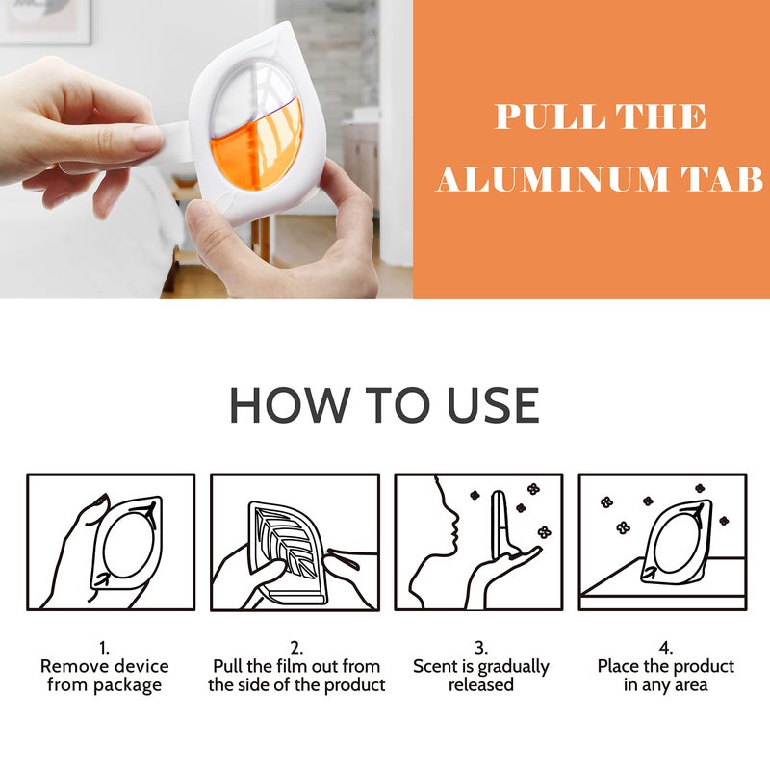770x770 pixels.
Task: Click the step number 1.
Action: [x=104, y=648]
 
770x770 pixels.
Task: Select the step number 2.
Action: [x=296, y=648]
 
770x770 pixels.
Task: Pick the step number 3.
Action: [x=480, y=648]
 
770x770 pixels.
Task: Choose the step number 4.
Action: [x=665, y=648]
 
